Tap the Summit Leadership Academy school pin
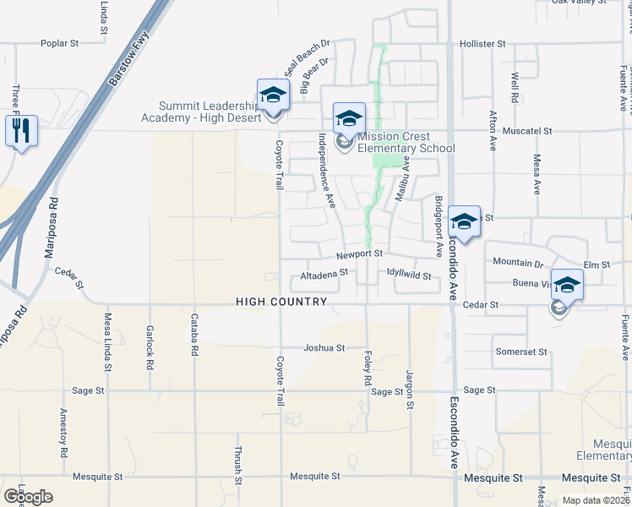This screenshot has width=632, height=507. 274,95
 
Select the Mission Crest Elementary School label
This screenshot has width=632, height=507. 406,142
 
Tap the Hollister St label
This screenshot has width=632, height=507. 482,43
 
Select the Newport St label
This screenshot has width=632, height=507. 361,253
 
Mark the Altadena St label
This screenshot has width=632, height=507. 324,274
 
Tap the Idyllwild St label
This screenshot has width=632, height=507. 409,275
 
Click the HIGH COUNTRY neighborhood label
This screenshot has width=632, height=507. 281,302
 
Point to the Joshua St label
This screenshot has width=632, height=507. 324,347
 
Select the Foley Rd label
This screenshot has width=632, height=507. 368,369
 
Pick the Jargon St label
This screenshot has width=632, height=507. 409,390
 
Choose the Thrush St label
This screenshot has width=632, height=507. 238,464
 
